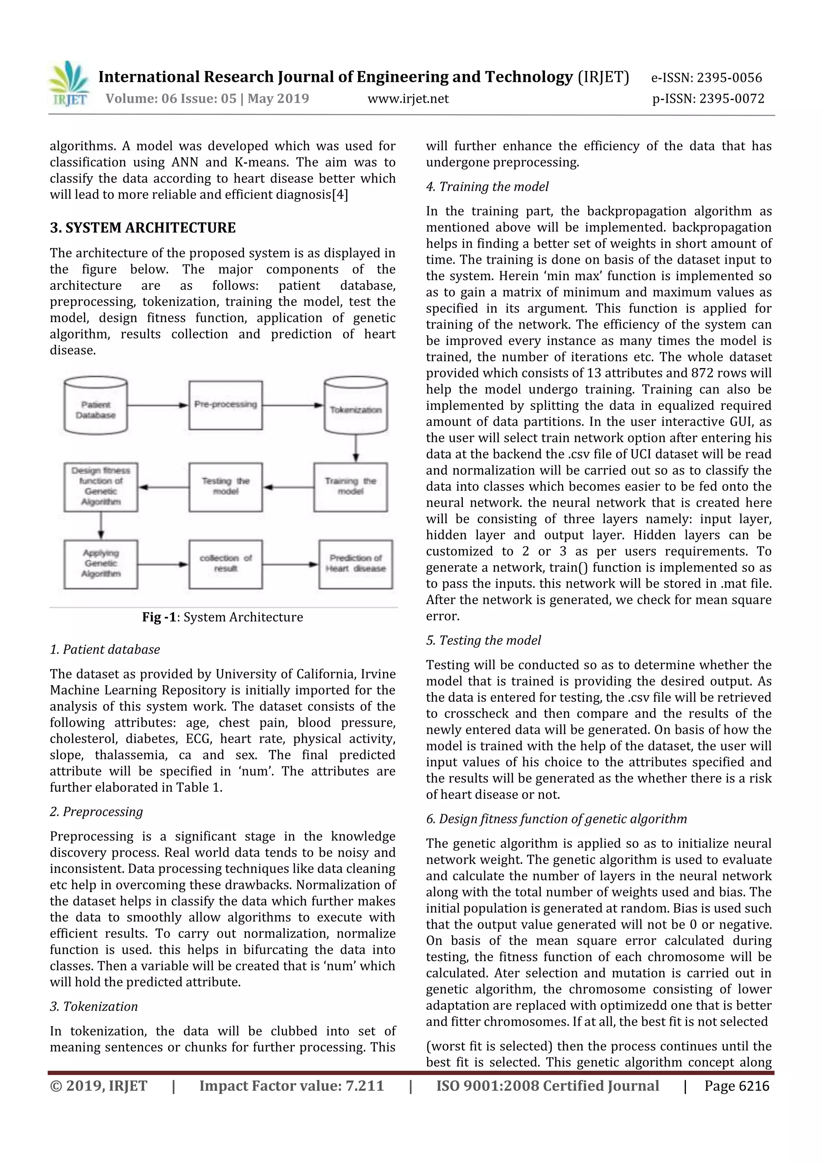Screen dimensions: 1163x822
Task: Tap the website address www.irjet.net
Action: click(x=408, y=99)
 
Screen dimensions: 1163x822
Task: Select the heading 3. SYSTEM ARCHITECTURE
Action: click(x=143, y=228)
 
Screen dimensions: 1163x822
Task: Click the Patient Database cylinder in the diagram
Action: click(x=96, y=406)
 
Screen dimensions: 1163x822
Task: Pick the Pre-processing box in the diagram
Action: click(x=226, y=405)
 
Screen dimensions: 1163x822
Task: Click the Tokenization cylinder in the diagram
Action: click(x=356, y=406)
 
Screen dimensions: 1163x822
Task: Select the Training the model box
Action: click(x=350, y=487)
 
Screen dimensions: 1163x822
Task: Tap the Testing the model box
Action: click(x=226, y=487)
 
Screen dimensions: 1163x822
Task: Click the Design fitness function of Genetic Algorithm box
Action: click(x=101, y=487)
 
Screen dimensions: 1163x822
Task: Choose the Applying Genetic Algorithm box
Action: click(x=101, y=564)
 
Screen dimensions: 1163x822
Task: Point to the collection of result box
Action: click(x=226, y=564)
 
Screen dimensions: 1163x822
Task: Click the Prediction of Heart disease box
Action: click(x=356, y=564)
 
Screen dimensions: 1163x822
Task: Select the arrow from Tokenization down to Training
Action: click(x=356, y=448)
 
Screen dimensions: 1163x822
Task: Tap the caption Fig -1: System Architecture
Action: click(x=222, y=617)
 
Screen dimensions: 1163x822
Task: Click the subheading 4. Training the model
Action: click(x=487, y=187)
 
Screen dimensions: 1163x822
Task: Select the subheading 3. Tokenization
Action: click(x=94, y=1006)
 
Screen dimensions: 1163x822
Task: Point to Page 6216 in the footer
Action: click(x=737, y=1086)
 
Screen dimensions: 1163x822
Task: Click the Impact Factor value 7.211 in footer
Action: click(x=291, y=1086)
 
